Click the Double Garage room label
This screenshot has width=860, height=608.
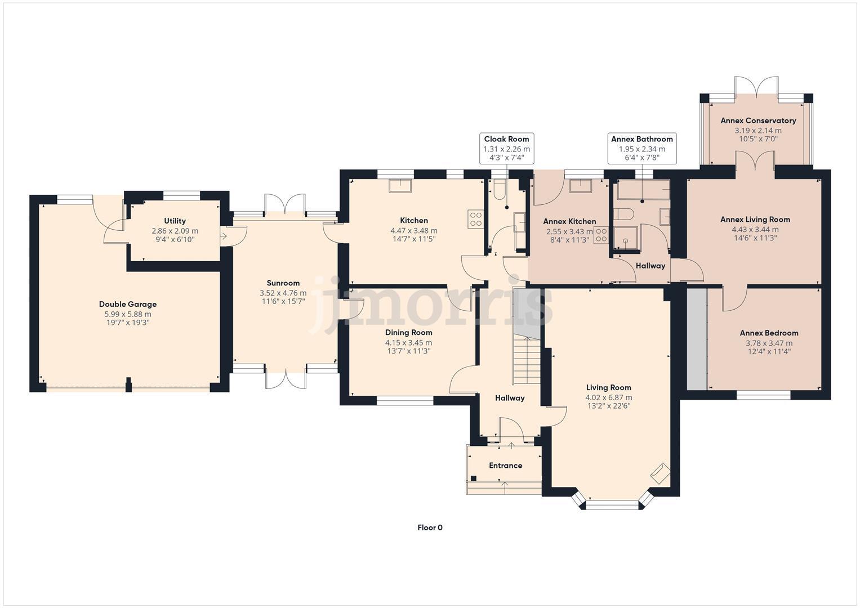click(x=128, y=305)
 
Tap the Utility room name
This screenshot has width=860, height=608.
click(x=175, y=221)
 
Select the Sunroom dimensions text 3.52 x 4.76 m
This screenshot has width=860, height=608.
click(x=283, y=293)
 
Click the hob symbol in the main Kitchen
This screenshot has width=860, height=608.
click(x=475, y=218)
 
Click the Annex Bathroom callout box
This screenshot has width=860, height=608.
click(x=641, y=148)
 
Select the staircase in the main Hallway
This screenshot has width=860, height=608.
click(x=526, y=360)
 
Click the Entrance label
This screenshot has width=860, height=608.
click(x=505, y=466)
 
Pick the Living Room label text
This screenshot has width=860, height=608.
click(x=608, y=387)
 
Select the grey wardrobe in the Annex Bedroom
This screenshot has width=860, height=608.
click(x=697, y=338)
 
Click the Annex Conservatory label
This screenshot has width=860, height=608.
click(x=758, y=120)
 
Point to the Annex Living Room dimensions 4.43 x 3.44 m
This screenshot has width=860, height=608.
click(x=755, y=229)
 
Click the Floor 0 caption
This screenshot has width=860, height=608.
click(x=430, y=527)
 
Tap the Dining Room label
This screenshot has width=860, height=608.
click(x=408, y=333)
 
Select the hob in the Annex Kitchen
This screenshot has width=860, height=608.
click(x=600, y=235)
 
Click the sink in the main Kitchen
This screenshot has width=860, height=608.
click(x=400, y=185)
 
